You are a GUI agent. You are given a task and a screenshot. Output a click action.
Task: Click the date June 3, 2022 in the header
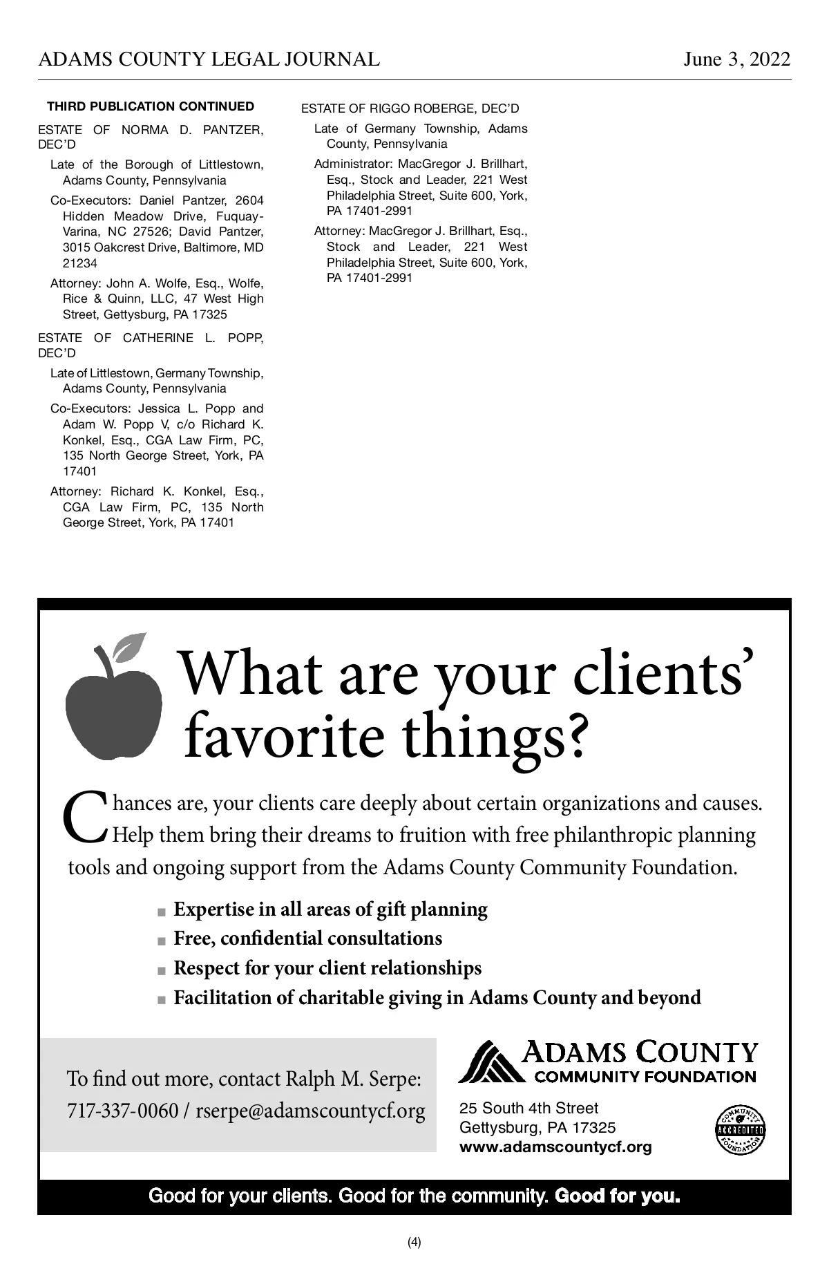[736, 59]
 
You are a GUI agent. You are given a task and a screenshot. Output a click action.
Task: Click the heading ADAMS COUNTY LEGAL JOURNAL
[209, 59]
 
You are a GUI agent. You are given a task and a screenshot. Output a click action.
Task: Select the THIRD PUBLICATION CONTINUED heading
[151, 106]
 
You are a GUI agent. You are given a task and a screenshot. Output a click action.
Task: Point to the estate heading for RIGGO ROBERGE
[410, 109]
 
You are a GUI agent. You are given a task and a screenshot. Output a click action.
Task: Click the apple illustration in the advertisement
[114, 712]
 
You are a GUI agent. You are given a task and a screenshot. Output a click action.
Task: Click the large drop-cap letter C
[86, 817]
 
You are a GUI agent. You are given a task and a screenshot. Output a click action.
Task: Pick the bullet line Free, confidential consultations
[307, 939]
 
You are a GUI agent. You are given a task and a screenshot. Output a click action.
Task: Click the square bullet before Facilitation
[162, 1000]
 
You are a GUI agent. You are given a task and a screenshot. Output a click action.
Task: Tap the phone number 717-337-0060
[122, 1111]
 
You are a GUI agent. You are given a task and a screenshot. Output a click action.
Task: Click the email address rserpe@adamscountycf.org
[310, 1111]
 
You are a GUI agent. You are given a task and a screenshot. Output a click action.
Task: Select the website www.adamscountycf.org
[555, 1148]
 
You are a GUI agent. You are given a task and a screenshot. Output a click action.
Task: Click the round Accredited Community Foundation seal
[741, 1129]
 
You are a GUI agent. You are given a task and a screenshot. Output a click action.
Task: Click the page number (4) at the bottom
[414, 1242]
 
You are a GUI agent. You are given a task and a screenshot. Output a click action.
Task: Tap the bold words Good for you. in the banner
[618, 1196]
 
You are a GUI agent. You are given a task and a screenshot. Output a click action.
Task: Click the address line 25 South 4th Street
[528, 1109]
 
